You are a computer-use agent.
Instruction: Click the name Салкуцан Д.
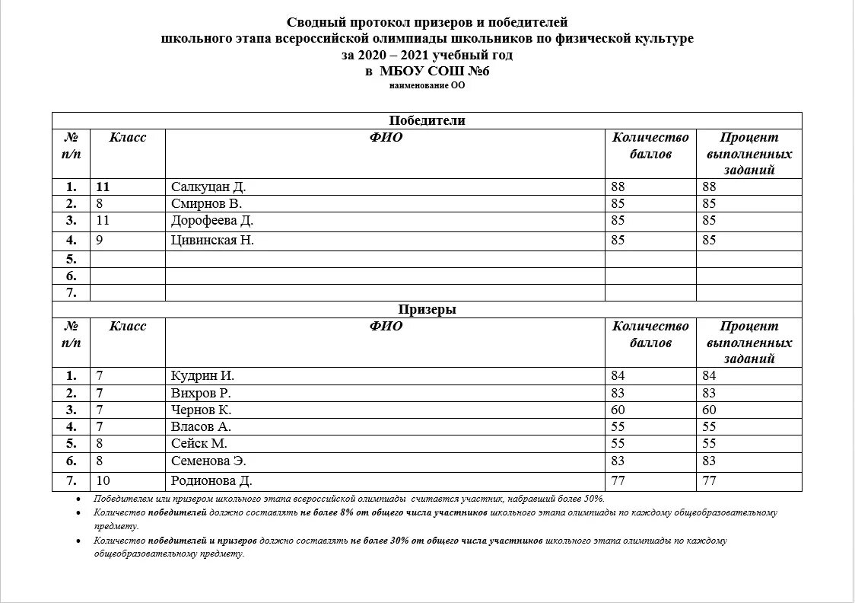coord(208,187)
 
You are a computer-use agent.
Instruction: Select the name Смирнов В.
coord(207,203)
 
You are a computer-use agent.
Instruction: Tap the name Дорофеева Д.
coord(212,221)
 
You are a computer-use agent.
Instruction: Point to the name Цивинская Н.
coord(213,240)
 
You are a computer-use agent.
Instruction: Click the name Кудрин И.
coord(202,375)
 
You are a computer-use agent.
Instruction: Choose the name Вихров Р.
coord(201,393)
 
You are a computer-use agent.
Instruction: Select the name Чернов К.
coord(201,410)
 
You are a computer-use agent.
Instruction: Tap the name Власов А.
coord(201,426)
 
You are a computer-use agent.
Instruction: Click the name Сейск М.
coord(199,443)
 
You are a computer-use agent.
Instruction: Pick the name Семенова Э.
coord(209,461)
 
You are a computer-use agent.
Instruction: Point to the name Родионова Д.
coord(211,480)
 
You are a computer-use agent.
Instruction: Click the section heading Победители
coord(427,120)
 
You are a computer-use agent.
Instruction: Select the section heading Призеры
coord(427,309)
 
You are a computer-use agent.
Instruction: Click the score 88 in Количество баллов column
coord(618,187)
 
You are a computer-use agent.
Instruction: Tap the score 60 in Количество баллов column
coord(618,410)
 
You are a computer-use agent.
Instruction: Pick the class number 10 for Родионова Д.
coord(103,480)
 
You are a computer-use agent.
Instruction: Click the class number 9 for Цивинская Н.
coord(100,240)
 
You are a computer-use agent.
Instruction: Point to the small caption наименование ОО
coord(427,86)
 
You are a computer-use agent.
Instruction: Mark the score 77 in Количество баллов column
coord(618,480)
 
